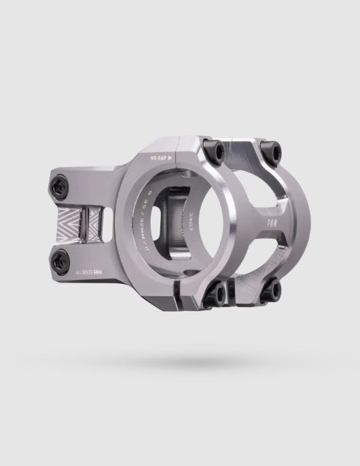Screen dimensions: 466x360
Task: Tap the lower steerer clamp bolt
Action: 60,257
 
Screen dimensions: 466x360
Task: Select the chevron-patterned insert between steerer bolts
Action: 85,219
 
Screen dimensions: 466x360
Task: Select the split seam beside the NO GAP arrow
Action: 178,149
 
